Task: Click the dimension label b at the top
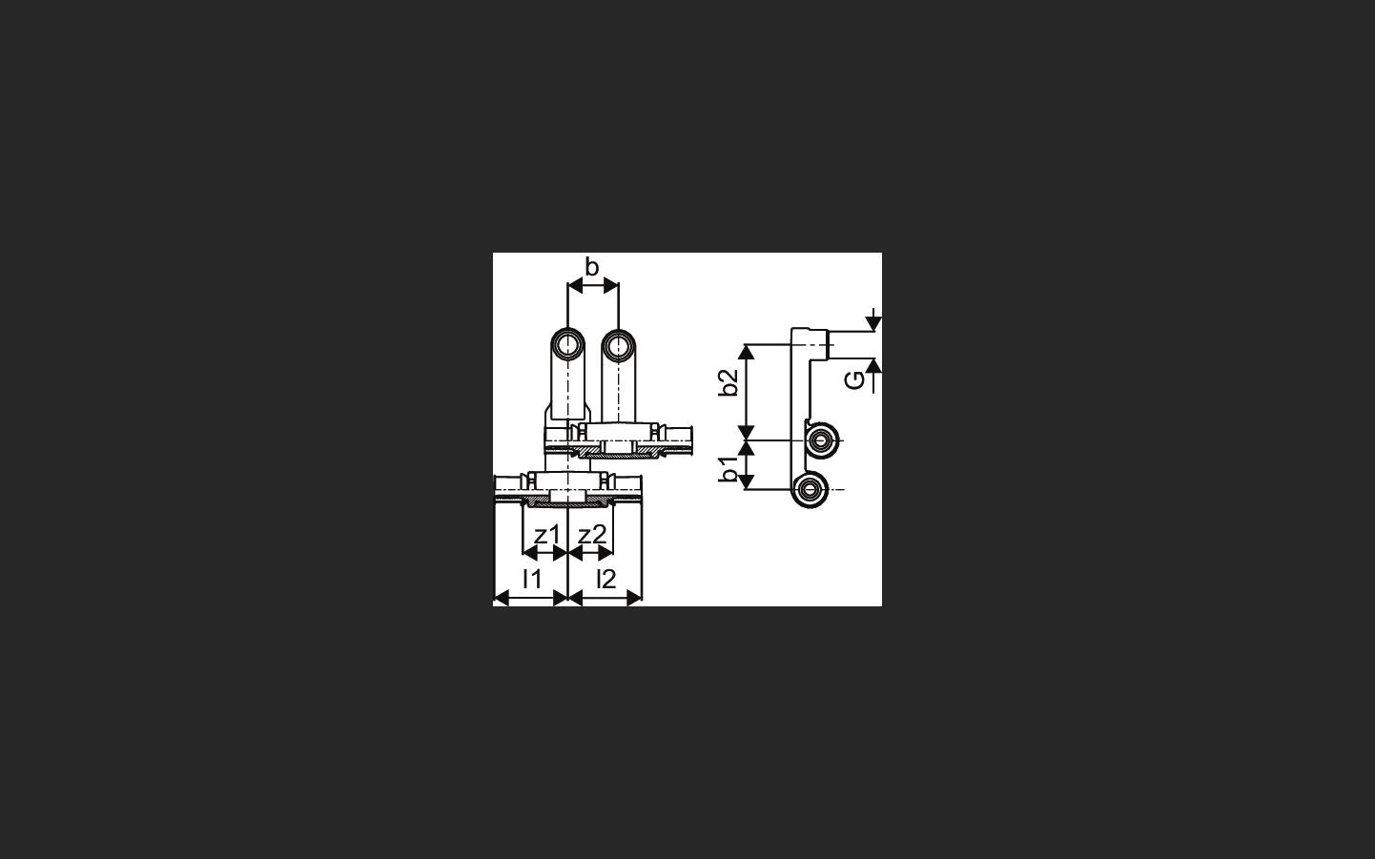click(592, 267)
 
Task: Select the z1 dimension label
click(546, 536)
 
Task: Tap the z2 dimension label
click(592, 536)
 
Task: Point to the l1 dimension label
click(531, 579)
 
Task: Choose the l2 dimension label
click(605, 579)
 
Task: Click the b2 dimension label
click(729, 381)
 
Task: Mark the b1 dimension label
click(729, 468)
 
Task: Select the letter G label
click(854, 380)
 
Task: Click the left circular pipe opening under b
click(567, 345)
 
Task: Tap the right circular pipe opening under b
click(618, 345)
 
